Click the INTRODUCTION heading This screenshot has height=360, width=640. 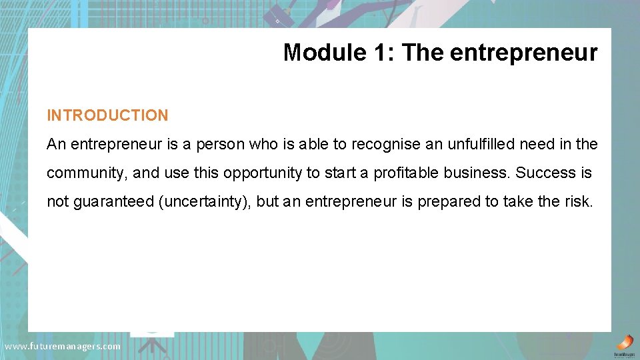tap(107, 115)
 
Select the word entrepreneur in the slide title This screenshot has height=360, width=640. tap(524, 53)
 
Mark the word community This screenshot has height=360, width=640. tap(86, 173)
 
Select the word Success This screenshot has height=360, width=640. tap(546, 173)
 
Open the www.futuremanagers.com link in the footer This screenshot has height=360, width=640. tap(62, 347)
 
